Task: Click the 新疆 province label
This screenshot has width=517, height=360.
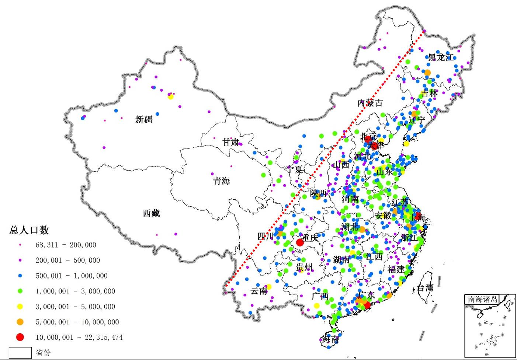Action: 144,119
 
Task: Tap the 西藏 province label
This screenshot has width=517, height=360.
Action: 151,213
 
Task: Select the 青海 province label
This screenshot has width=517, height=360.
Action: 221,181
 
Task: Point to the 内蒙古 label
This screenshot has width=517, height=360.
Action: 370,103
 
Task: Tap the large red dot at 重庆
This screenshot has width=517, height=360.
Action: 300,242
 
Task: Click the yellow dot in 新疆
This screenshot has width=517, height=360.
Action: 170,97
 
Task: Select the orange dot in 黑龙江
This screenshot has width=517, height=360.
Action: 427,73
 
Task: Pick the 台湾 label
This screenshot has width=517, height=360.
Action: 425,288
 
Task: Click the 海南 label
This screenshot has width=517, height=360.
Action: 330,339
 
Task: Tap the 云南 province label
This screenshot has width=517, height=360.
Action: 258,291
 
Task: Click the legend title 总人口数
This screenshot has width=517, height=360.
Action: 29,230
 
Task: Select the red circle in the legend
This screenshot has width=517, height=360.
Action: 20,337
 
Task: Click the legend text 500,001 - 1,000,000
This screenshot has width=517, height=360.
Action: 72,276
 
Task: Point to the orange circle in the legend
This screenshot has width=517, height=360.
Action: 20,322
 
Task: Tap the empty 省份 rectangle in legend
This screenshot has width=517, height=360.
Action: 20,353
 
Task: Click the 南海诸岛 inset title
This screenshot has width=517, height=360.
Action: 482,299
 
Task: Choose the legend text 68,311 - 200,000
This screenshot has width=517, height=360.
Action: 66,245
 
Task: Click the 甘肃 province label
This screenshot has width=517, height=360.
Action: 231,142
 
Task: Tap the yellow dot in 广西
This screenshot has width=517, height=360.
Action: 316,305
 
